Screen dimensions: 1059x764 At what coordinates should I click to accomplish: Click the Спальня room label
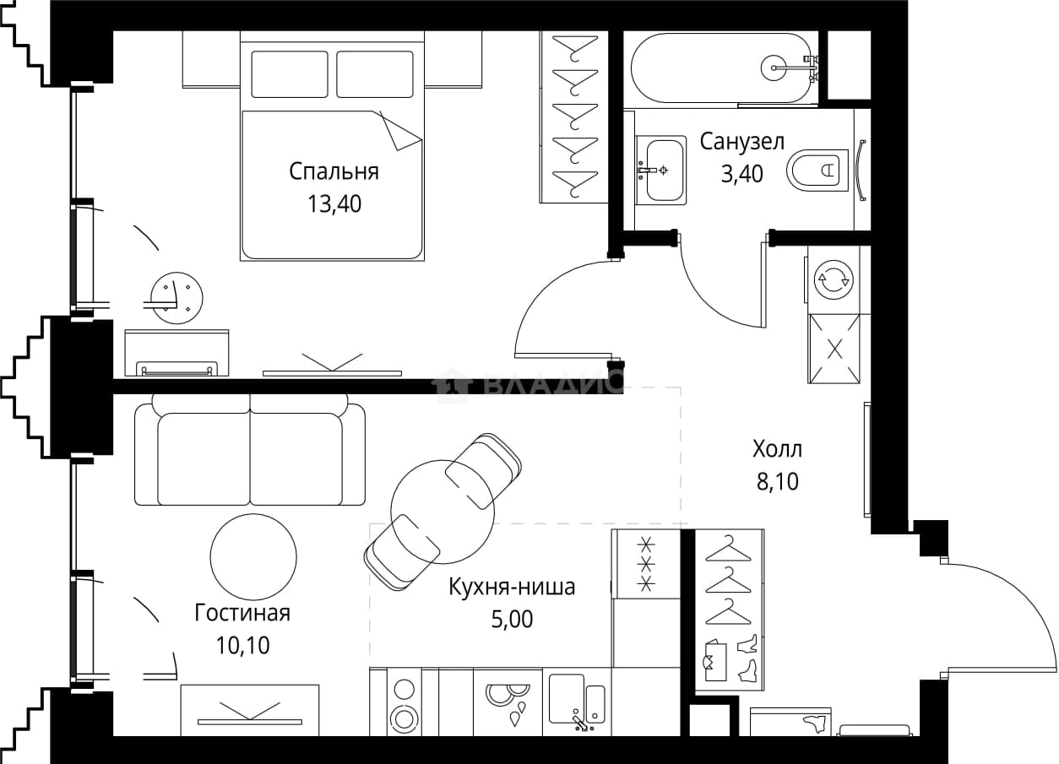pos(334,171)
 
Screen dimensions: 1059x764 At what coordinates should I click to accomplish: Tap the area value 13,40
pos(334,204)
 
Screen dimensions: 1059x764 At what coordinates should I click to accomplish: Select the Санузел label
pos(741,142)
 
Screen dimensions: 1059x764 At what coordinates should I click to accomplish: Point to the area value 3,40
pos(741,174)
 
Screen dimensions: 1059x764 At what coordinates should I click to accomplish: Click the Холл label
pos(777,449)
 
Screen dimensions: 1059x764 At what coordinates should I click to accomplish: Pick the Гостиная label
pos(242,613)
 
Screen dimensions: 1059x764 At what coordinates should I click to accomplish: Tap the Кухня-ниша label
pos(512,587)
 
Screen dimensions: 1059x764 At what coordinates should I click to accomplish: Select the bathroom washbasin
pos(661,170)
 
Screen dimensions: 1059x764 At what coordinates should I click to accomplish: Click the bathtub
pos(724,68)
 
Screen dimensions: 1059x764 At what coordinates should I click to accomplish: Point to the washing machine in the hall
pos(834,279)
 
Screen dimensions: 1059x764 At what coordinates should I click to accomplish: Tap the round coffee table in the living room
pos(253,557)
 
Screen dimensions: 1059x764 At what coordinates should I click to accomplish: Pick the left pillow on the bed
pos(290,74)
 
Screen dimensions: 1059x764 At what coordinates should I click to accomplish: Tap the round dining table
pos(443,512)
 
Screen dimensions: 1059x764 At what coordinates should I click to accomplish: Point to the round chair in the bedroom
pos(176,298)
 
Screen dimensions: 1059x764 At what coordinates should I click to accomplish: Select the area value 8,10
pos(778,481)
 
